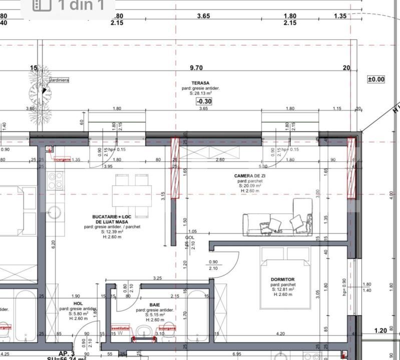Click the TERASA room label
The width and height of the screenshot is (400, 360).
200,83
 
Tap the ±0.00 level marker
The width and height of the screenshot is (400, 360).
376,79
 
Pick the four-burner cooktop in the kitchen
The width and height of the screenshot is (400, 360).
55,180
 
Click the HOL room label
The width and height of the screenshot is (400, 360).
78,303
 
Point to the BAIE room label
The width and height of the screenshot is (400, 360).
155,304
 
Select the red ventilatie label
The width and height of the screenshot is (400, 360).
120,328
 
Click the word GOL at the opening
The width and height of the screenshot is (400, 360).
190,237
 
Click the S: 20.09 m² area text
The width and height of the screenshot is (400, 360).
249,185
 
